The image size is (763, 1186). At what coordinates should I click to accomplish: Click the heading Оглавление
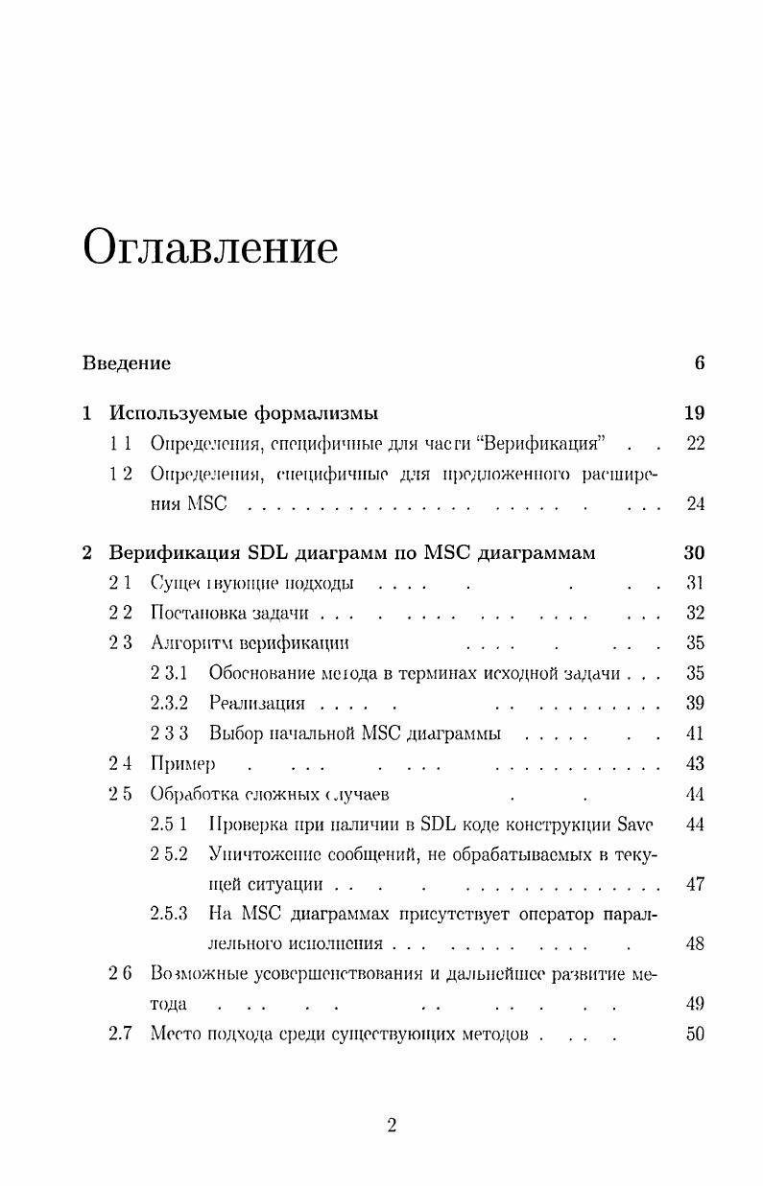coord(210,248)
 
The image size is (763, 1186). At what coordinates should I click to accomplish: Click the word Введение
coord(126,363)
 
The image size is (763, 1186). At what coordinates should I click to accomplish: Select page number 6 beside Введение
coord(700,363)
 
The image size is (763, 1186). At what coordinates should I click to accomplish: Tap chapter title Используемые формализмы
coord(243,413)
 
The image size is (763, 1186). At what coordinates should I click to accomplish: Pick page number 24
coord(695,504)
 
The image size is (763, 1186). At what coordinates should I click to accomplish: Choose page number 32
coord(695,614)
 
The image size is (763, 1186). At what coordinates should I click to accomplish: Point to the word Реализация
coord(256,704)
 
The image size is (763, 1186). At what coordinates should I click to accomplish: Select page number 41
coord(695,734)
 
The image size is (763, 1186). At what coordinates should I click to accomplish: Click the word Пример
coord(182,764)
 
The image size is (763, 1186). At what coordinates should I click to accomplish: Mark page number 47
coord(695,884)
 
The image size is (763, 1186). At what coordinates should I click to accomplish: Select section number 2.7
coord(120,1035)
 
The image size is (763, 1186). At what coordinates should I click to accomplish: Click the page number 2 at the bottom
coord(392,1127)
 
